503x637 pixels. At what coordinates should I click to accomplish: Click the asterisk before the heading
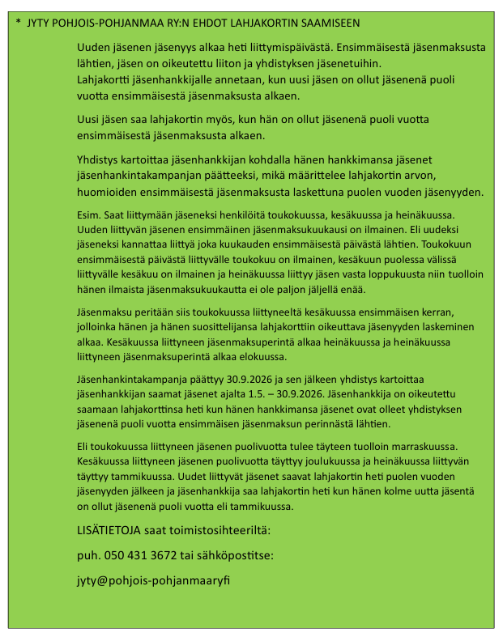[18, 22]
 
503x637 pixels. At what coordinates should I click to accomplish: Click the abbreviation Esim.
[89, 215]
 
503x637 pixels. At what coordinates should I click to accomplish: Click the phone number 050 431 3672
[145, 555]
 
